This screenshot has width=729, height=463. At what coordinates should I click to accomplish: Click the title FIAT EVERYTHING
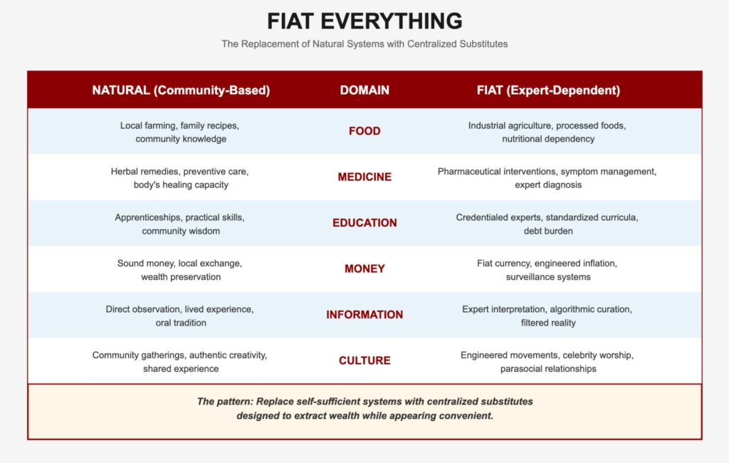point(364,21)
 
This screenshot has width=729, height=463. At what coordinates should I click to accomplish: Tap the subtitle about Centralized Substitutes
point(364,43)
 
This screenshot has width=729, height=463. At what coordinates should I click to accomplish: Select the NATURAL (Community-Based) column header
point(181,90)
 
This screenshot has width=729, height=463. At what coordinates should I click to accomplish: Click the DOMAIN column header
point(364,90)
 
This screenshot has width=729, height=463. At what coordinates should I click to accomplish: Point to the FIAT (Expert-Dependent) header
point(548,90)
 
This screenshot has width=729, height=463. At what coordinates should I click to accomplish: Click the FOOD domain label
point(364,131)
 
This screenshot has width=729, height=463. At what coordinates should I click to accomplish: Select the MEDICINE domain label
point(364,177)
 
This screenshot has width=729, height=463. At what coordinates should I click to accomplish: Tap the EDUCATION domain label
point(364,223)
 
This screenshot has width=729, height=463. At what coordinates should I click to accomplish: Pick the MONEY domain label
point(364,269)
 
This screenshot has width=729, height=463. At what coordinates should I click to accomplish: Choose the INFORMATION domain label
point(364,315)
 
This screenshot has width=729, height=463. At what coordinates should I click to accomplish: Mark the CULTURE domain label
point(364,360)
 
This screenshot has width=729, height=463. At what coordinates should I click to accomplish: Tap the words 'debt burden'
point(548,231)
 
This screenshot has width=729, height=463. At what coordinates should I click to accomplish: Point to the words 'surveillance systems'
point(548,277)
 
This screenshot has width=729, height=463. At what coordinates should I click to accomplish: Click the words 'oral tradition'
point(181,323)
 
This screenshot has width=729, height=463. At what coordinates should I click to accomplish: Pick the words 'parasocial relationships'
point(548,369)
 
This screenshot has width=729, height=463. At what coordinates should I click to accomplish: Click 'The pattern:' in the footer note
point(225,402)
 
